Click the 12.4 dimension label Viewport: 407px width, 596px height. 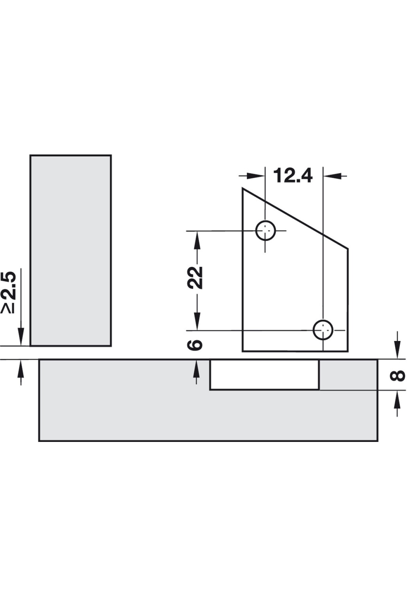[x=293, y=176]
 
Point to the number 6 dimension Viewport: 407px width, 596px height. [x=196, y=345]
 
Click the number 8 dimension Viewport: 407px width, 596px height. [x=398, y=375]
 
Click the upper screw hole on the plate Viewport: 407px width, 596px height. [x=266, y=231]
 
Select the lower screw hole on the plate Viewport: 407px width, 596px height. [x=323, y=329]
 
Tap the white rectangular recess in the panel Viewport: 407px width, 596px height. [x=264, y=375]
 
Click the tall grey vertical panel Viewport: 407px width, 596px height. [x=71, y=250]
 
